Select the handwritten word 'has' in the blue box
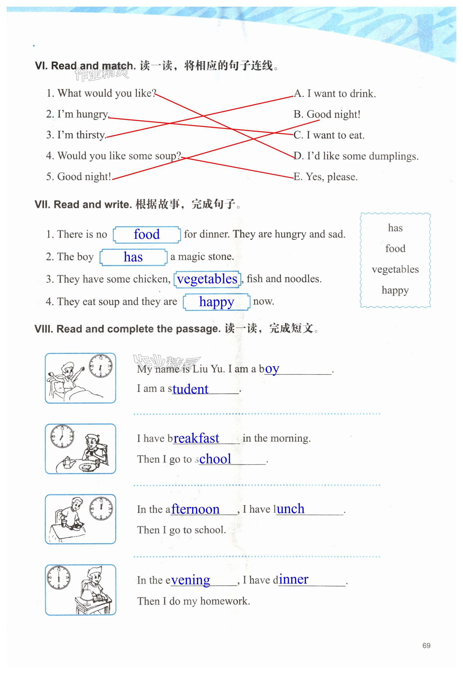[x=133, y=257]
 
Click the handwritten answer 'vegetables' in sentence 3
[x=207, y=279]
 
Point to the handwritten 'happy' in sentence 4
[x=216, y=302]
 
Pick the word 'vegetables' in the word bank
[x=395, y=270]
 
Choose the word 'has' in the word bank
[x=395, y=228]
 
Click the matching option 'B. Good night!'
[x=327, y=114]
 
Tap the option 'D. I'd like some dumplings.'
[x=356, y=156]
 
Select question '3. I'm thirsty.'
[x=76, y=135]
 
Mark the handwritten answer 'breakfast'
[x=196, y=438]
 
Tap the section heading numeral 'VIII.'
[x=44, y=329]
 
